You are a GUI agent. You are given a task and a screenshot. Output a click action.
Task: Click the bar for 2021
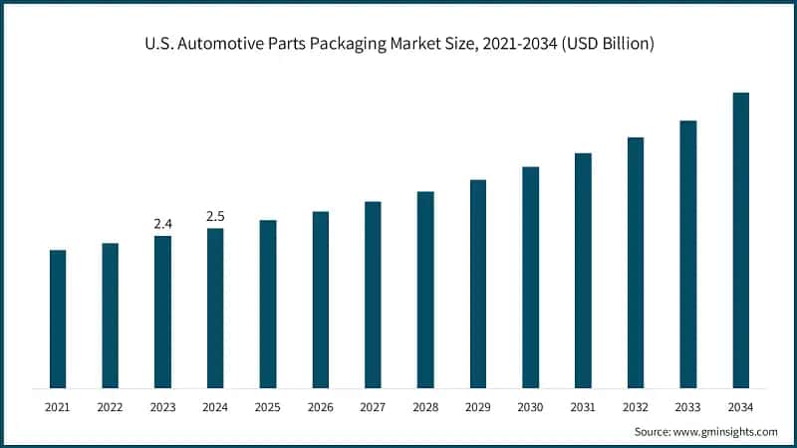[x=58, y=319]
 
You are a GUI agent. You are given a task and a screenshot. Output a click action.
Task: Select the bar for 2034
[x=740, y=240]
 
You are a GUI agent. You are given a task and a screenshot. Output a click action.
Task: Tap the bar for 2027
[x=373, y=295]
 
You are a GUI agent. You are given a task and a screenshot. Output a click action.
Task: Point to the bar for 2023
[x=162, y=312]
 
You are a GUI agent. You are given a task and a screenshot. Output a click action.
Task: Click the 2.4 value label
[x=162, y=224]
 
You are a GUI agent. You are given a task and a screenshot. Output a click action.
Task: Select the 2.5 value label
[x=215, y=216]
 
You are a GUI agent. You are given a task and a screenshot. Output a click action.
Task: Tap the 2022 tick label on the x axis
[x=110, y=407]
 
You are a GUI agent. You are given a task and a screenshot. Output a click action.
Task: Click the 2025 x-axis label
[x=267, y=407]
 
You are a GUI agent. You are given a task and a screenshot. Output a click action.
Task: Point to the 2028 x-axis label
[x=424, y=407]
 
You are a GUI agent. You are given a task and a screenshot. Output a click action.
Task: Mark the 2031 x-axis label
[x=583, y=407]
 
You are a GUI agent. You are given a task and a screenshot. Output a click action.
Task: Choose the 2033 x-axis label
[x=687, y=407]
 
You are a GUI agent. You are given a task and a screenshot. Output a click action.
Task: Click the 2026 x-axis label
[x=320, y=407]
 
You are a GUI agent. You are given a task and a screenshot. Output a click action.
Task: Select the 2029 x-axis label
[x=477, y=407]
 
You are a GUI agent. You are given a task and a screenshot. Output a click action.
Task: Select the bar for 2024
[x=215, y=308]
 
